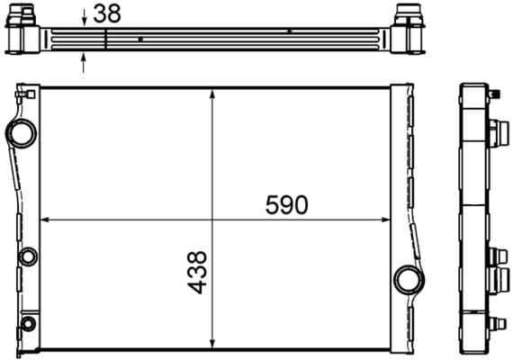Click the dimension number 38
coord(106,14)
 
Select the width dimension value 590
coord(286,204)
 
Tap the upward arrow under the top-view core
coord(84,62)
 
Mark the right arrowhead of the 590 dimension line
coord(387,219)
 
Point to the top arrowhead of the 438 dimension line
coord(212,92)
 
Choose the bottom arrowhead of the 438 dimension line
coord(212,343)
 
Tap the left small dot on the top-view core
coord(141,40)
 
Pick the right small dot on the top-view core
coord(289,31)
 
